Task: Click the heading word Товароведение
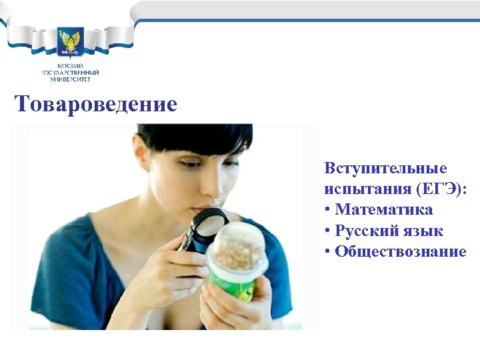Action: (96, 105)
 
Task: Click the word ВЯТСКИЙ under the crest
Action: (70, 65)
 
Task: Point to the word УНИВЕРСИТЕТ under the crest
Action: (70, 79)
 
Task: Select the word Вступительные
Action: (385, 167)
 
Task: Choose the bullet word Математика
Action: (384, 209)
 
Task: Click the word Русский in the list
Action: (365, 231)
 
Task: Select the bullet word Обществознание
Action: (400, 251)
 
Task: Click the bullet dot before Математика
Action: (328, 210)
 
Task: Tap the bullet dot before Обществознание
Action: (328, 252)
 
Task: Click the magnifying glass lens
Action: (210, 221)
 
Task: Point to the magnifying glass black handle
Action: (189, 241)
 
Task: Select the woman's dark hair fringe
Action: (193, 137)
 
